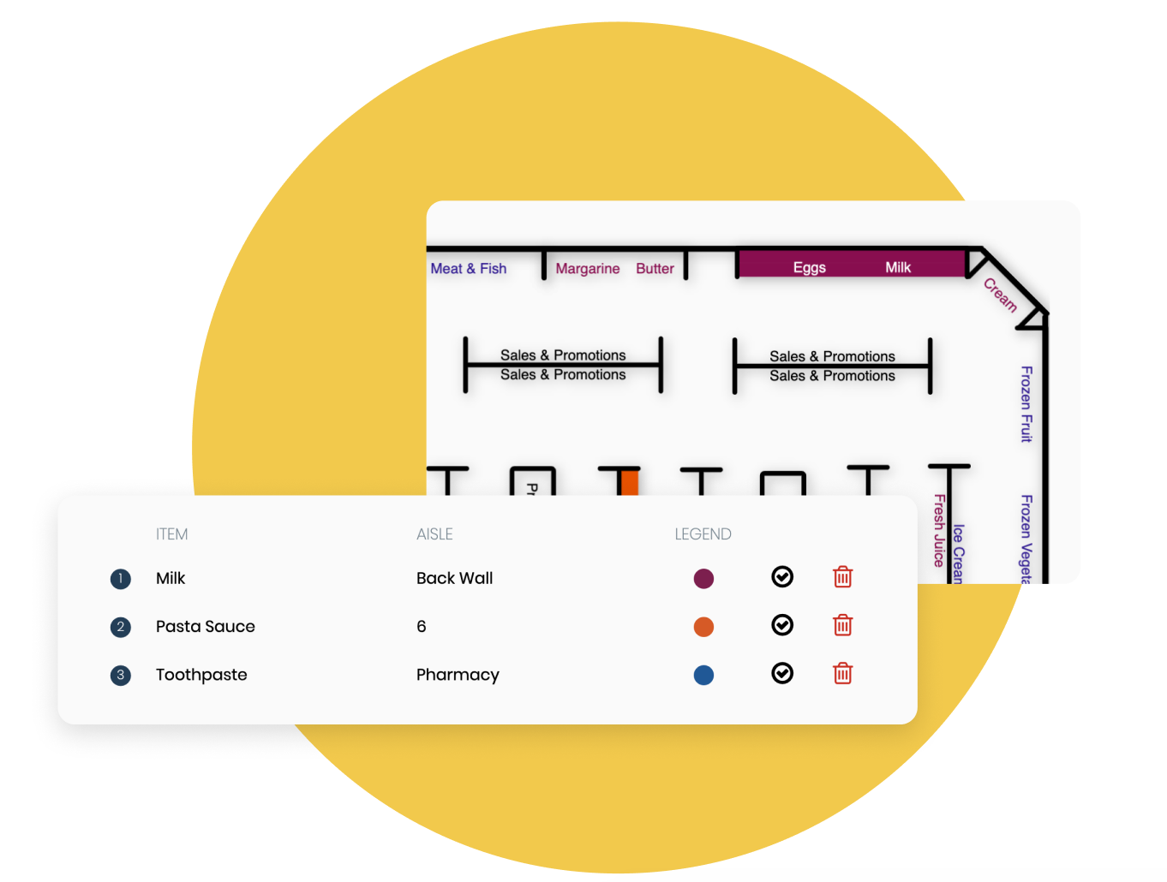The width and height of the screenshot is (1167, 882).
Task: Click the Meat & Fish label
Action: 468,269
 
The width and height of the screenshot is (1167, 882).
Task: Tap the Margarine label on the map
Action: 587,269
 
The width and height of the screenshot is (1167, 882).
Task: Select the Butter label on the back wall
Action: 655,269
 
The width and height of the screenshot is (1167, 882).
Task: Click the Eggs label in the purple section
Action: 809,267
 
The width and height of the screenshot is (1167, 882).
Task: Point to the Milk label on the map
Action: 897,267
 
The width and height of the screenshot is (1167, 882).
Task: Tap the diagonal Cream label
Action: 1000,295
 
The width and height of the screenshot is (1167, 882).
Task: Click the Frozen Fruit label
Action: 1026,403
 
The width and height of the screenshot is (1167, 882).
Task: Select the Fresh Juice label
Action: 939,530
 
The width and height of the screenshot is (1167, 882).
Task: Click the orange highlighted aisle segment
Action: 630,482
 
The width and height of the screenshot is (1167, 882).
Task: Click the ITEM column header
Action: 171,534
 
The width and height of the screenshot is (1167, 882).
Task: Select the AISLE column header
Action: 434,534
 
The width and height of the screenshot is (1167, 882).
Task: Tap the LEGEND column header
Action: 703,534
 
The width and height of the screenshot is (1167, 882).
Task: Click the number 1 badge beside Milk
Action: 121,579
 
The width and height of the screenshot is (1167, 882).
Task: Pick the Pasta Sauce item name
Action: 205,627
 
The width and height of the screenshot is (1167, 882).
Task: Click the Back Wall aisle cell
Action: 454,579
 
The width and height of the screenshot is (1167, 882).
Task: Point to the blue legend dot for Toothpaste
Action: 703,675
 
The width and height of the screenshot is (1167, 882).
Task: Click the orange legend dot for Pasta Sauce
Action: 703,627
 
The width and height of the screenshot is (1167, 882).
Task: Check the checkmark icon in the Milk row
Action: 782,577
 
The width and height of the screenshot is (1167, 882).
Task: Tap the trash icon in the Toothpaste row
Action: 843,674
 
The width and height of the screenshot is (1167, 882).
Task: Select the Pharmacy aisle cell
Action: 458,675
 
